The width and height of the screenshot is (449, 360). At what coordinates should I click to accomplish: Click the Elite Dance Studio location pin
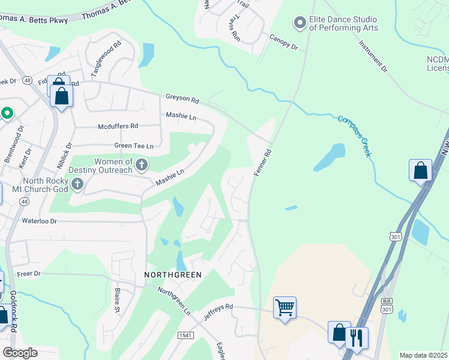pyautogui.click(x=300, y=23)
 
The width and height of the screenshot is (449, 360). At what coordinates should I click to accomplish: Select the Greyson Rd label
pyautogui.click(x=182, y=98)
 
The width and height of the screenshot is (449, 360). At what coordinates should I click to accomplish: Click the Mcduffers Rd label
pyautogui.click(x=118, y=126)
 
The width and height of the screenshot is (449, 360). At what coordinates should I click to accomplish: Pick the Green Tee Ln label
pyautogui.click(x=134, y=146)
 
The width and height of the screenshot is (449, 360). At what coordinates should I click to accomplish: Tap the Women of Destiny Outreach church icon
pyautogui.click(x=142, y=164)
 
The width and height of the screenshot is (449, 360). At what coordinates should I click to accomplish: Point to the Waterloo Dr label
pyautogui.click(x=39, y=221)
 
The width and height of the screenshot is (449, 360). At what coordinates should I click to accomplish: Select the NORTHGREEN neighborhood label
pyautogui.click(x=173, y=274)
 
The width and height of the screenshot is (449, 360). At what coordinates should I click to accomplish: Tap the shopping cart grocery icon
pyautogui.click(x=284, y=308)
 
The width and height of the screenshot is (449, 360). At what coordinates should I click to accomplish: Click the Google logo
pyautogui.click(x=20, y=352)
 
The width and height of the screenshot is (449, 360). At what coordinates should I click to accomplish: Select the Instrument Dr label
pyautogui.click(x=373, y=56)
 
